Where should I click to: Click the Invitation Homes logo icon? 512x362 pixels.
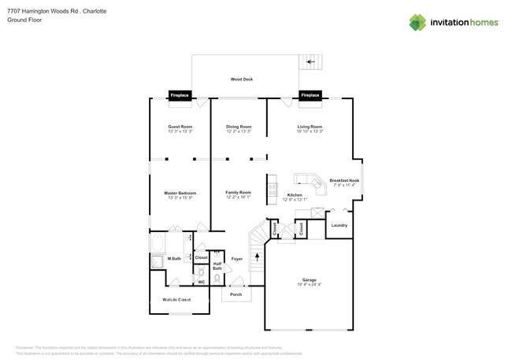(417, 22)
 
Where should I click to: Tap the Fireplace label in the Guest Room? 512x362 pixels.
(180, 95)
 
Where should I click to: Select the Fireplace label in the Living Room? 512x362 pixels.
(310, 95)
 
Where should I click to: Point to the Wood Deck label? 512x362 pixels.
(241, 79)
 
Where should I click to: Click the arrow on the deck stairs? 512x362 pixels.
(311, 61)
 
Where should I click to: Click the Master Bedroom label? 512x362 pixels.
(180, 193)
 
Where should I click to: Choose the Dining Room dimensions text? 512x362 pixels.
(239, 131)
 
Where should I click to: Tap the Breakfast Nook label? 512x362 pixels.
(345, 180)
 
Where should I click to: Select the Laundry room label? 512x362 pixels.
(339, 226)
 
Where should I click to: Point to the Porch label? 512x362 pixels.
(236, 294)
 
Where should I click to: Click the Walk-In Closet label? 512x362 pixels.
(176, 300)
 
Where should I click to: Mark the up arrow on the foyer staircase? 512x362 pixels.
(257, 257)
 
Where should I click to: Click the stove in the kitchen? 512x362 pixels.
(273, 188)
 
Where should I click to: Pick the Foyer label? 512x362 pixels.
(236, 258)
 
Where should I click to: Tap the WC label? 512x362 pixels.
(201, 282)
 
